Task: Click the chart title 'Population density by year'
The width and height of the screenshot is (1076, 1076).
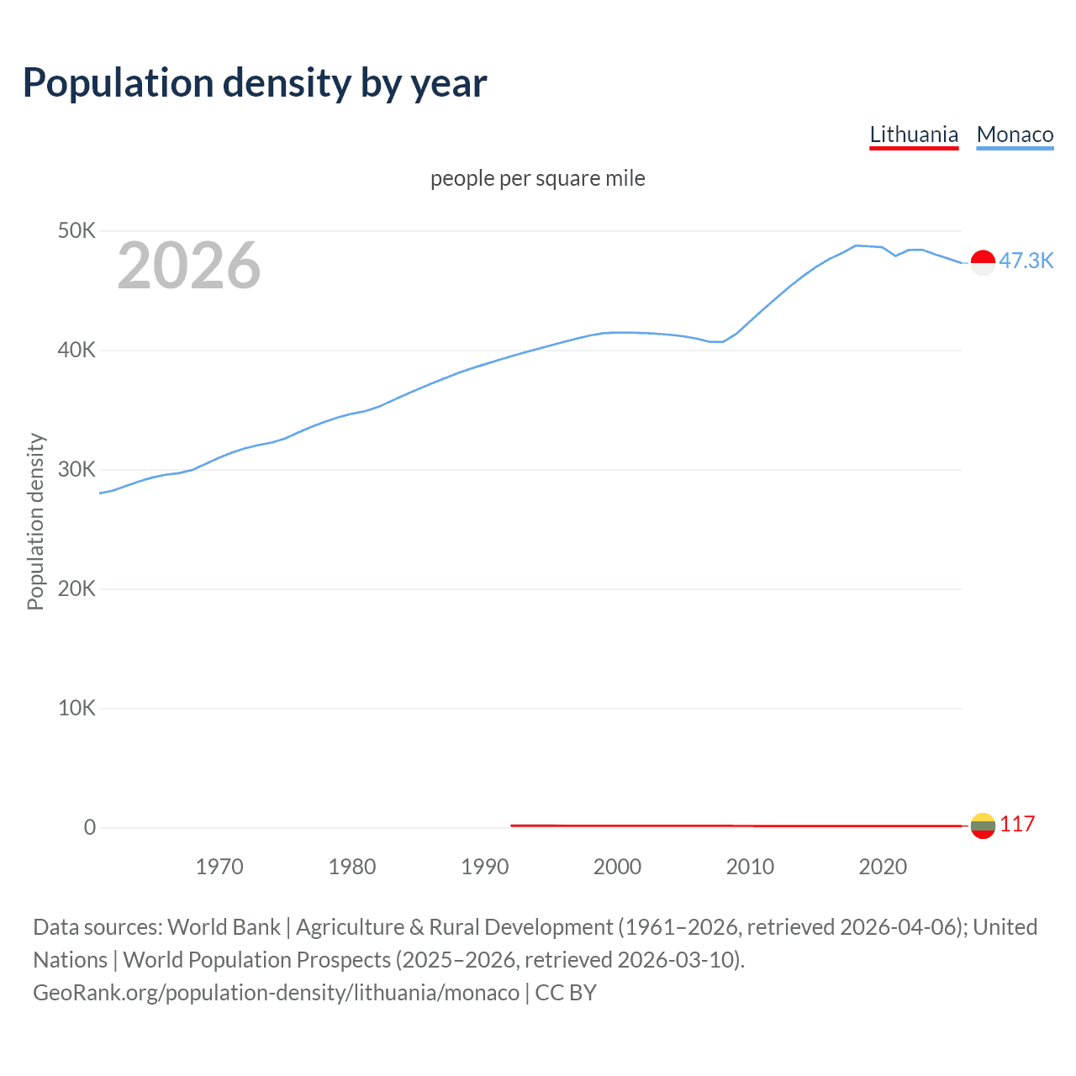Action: click(x=255, y=83)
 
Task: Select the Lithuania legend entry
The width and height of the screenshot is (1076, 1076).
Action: click(x=914, y=134)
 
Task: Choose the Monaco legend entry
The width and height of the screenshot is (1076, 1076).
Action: click(x=1015, y=134)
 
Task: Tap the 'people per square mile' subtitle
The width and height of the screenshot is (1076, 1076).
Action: click(x=538, y=178)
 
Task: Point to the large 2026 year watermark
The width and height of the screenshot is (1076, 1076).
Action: click(x=189, y=266)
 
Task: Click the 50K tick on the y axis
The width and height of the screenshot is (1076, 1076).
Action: click(x=76, y=230)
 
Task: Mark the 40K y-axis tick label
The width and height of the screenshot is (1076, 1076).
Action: click(x=76, y=350)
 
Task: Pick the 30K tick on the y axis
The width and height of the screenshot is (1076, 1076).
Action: click(x=76, y=469)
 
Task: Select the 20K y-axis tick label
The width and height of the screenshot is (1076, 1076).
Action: click(x=76, y=588)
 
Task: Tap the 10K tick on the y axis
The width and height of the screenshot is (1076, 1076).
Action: click(x=76, y=708)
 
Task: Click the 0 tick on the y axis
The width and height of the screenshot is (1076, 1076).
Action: click(x=90, y=827)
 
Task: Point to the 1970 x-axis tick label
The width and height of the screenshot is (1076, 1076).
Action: click(x=219, y=867)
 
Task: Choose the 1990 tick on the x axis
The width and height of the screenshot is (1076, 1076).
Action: click(x=485, y=867)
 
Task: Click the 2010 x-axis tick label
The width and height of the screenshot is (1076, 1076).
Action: click(x=750, y=867)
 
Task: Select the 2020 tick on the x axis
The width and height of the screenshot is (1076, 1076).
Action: click(x=883, y=867)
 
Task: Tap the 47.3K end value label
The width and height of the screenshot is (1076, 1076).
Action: click(x=1026, y=261)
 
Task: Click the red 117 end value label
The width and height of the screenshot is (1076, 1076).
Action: click(x=1017, y=824)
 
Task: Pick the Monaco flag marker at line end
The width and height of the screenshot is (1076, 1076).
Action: click(x=983, y=262)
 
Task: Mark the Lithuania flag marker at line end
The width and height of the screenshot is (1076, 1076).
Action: click(x=983, y=825)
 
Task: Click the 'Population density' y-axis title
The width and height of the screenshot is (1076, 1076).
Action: click(x=35, y=521)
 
